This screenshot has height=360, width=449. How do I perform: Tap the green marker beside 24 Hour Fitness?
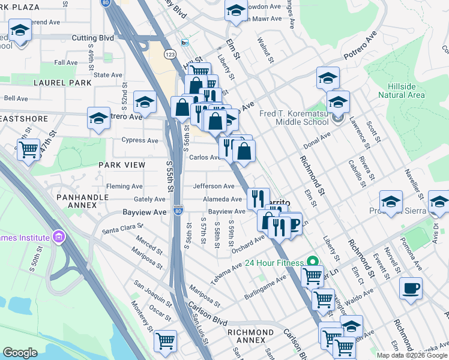[x=312, y=261]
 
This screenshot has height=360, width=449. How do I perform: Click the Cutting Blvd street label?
[x=92, y=38]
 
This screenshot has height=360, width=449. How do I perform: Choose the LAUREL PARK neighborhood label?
[x=62, y=83]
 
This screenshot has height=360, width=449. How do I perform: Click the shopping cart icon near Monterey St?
[x=165, y=340]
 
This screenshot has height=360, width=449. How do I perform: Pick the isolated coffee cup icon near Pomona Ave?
[x=411, y=288]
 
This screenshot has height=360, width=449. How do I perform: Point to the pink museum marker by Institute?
[x=58, y=236]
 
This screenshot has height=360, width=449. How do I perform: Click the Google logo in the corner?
[x=20, y=353]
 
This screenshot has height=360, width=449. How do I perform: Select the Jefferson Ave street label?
[x=213, y=187]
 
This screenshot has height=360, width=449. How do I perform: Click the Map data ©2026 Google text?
[x=411, y=355]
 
